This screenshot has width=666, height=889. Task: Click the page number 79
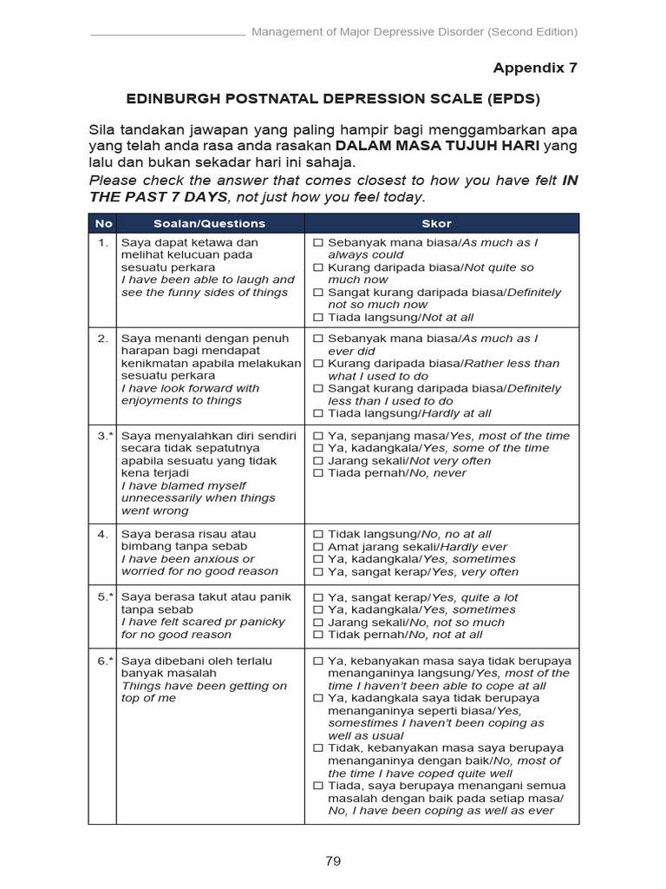333,861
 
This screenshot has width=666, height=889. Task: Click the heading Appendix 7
535,68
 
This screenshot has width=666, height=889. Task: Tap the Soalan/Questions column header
209,223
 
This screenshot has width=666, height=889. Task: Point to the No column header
102,223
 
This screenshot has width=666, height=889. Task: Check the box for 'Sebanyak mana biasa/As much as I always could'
318,243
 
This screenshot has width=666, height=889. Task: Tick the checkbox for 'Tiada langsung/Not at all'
318,318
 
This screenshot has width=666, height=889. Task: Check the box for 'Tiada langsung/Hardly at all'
318,414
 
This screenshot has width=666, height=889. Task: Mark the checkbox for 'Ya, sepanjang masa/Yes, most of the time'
318,436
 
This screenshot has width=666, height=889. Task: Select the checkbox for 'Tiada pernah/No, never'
318,473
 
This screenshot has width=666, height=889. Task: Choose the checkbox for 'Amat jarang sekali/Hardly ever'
318,547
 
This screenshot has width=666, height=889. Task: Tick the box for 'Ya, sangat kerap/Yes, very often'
318,572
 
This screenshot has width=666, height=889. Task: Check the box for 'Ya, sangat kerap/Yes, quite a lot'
318,598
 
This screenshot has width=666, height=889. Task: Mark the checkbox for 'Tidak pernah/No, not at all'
318,635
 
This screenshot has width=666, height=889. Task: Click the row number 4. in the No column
102,534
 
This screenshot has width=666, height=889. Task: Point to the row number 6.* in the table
102,661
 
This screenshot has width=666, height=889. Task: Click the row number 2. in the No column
102,339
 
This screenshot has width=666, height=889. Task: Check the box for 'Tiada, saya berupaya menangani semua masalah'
318,786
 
